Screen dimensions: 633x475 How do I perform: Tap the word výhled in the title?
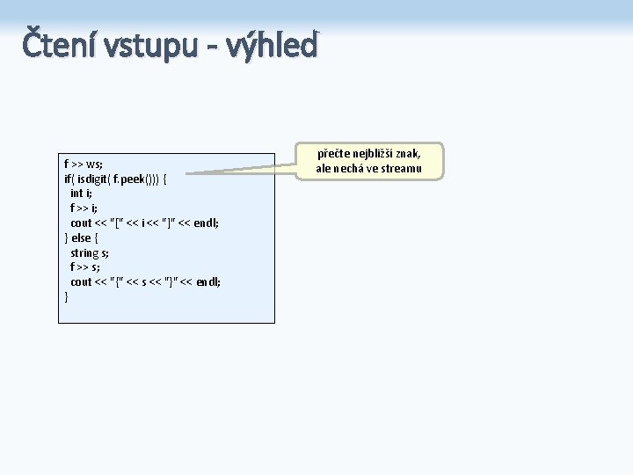tap(272, 45)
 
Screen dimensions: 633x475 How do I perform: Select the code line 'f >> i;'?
tap(84, 208)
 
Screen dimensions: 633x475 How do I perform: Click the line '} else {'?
tap(84, 237)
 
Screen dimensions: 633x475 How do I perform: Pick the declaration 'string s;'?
tap(90, 252)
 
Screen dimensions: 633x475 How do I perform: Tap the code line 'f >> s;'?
tap(84, 267)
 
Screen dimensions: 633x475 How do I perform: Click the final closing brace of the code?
tap(66, 296)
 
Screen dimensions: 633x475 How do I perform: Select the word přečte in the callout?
tap(333, 154)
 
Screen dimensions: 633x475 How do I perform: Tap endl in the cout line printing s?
tap(207, 281)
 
